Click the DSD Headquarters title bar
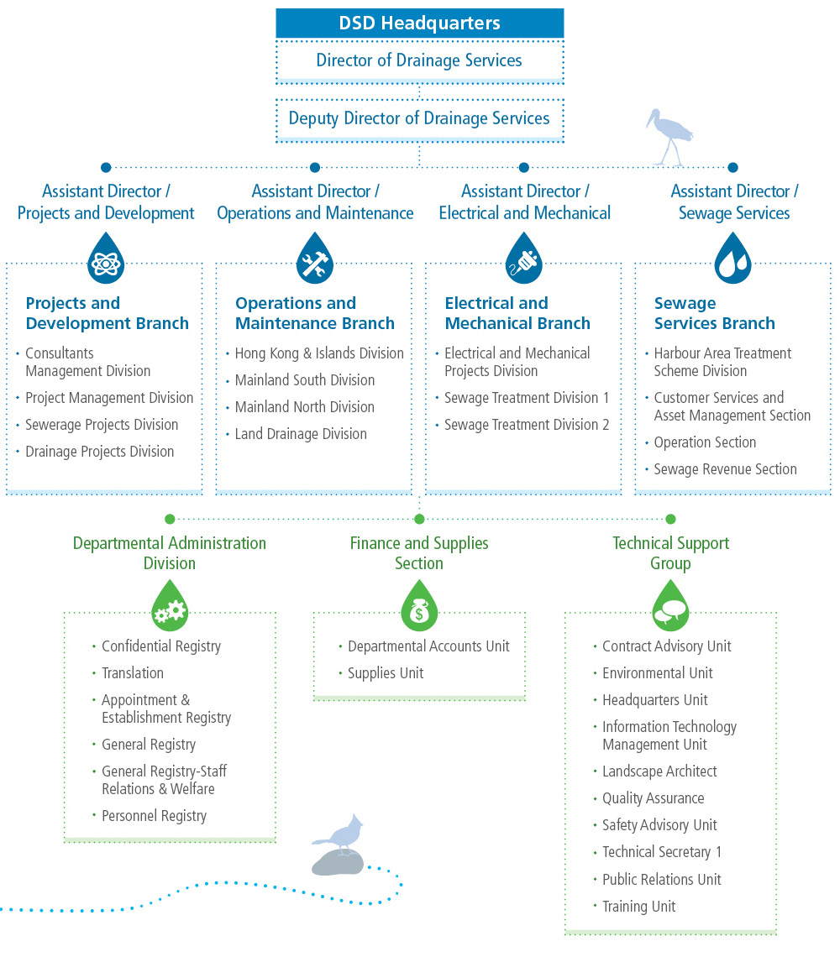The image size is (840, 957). click(419, 24)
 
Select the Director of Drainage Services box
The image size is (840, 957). click(419, 60)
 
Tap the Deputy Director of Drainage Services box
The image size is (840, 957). click(419, 118)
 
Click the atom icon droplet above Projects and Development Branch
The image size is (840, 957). click(105, 258)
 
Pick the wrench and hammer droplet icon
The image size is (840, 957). click(315, 258)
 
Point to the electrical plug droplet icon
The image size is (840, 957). click(524, 258)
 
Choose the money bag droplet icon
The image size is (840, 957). click(419, 606)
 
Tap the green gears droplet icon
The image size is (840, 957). click(170, 606)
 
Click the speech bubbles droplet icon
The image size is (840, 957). click(670, 606)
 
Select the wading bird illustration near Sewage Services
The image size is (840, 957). click(672, 134)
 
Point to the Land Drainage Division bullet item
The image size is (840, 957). click(301, 434)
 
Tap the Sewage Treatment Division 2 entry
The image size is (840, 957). click(527, 425)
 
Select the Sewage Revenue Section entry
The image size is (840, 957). click(725, 469)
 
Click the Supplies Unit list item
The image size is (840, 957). click(386, 673)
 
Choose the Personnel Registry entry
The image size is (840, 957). click(154, 816)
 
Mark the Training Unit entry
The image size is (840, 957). click(638, 907)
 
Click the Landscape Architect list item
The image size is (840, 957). click(659, 771)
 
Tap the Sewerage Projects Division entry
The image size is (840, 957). click(102, 425)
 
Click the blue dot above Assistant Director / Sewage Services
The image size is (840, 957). click(732, 168)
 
